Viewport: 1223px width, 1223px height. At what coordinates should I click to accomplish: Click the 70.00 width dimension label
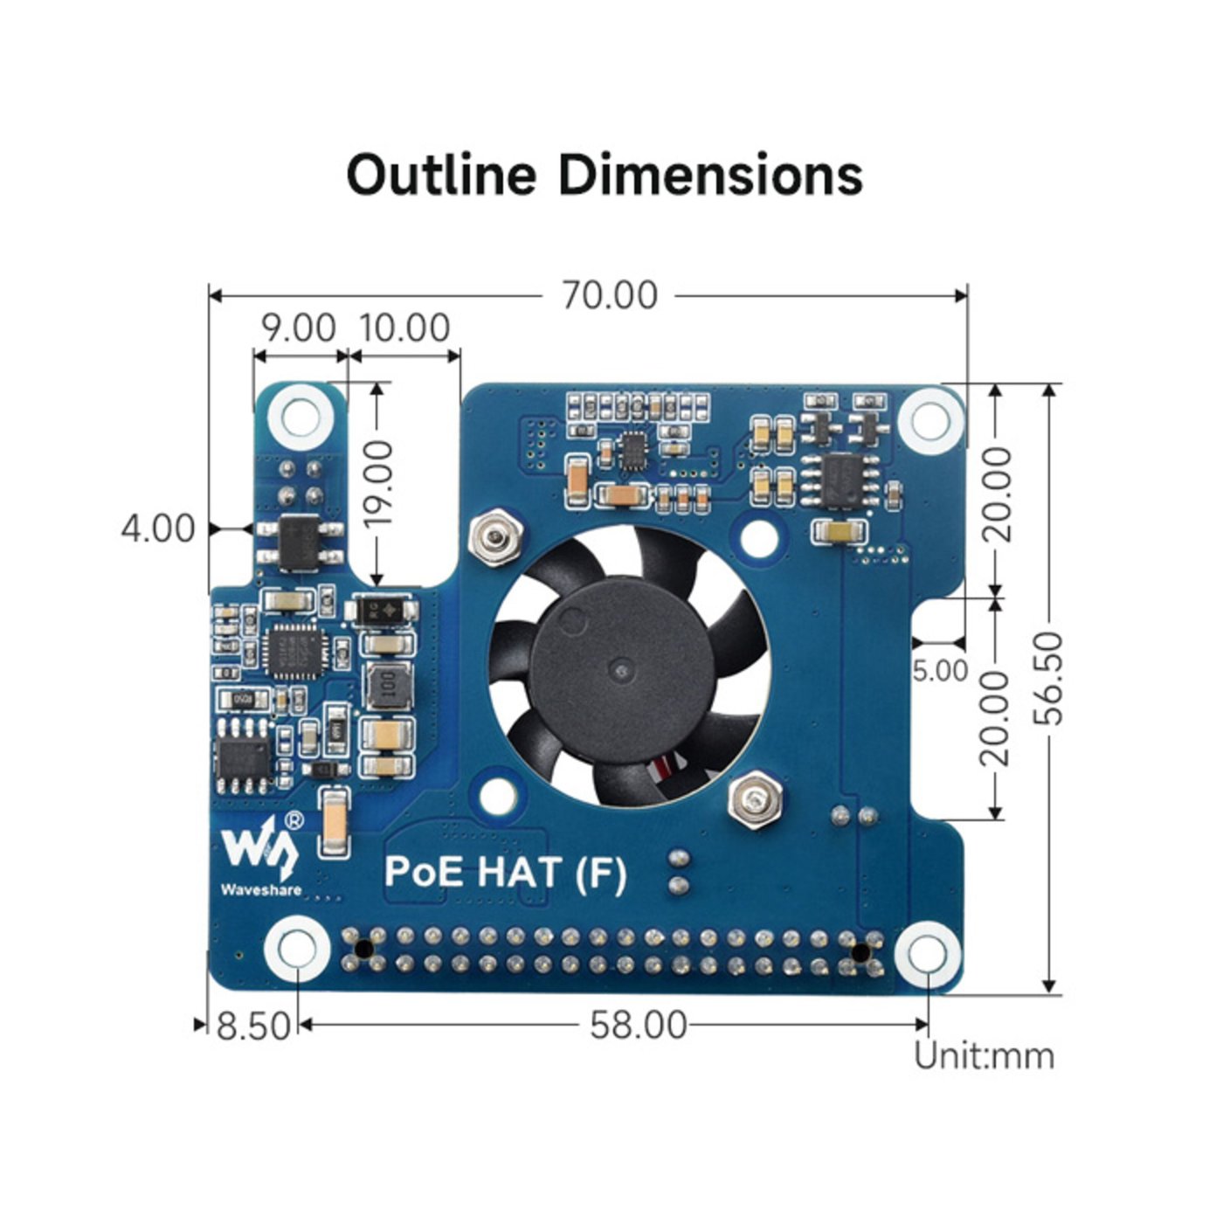609,295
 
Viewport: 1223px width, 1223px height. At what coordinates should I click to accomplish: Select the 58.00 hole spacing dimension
638,1025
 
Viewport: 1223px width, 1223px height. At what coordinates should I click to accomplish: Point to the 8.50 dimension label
252,1026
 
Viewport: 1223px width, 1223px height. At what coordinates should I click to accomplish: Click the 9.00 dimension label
299,328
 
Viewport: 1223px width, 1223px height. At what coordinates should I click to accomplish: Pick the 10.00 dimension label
405,328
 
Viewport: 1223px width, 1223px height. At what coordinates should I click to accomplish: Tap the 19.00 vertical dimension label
378,483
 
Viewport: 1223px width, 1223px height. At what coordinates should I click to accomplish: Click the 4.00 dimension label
158,529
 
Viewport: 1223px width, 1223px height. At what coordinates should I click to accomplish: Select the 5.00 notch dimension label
940,671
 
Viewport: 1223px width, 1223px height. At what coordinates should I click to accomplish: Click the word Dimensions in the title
710,174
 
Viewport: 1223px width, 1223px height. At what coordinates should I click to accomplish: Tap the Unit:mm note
984,1056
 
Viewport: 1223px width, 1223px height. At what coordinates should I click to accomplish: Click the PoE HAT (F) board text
506,872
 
